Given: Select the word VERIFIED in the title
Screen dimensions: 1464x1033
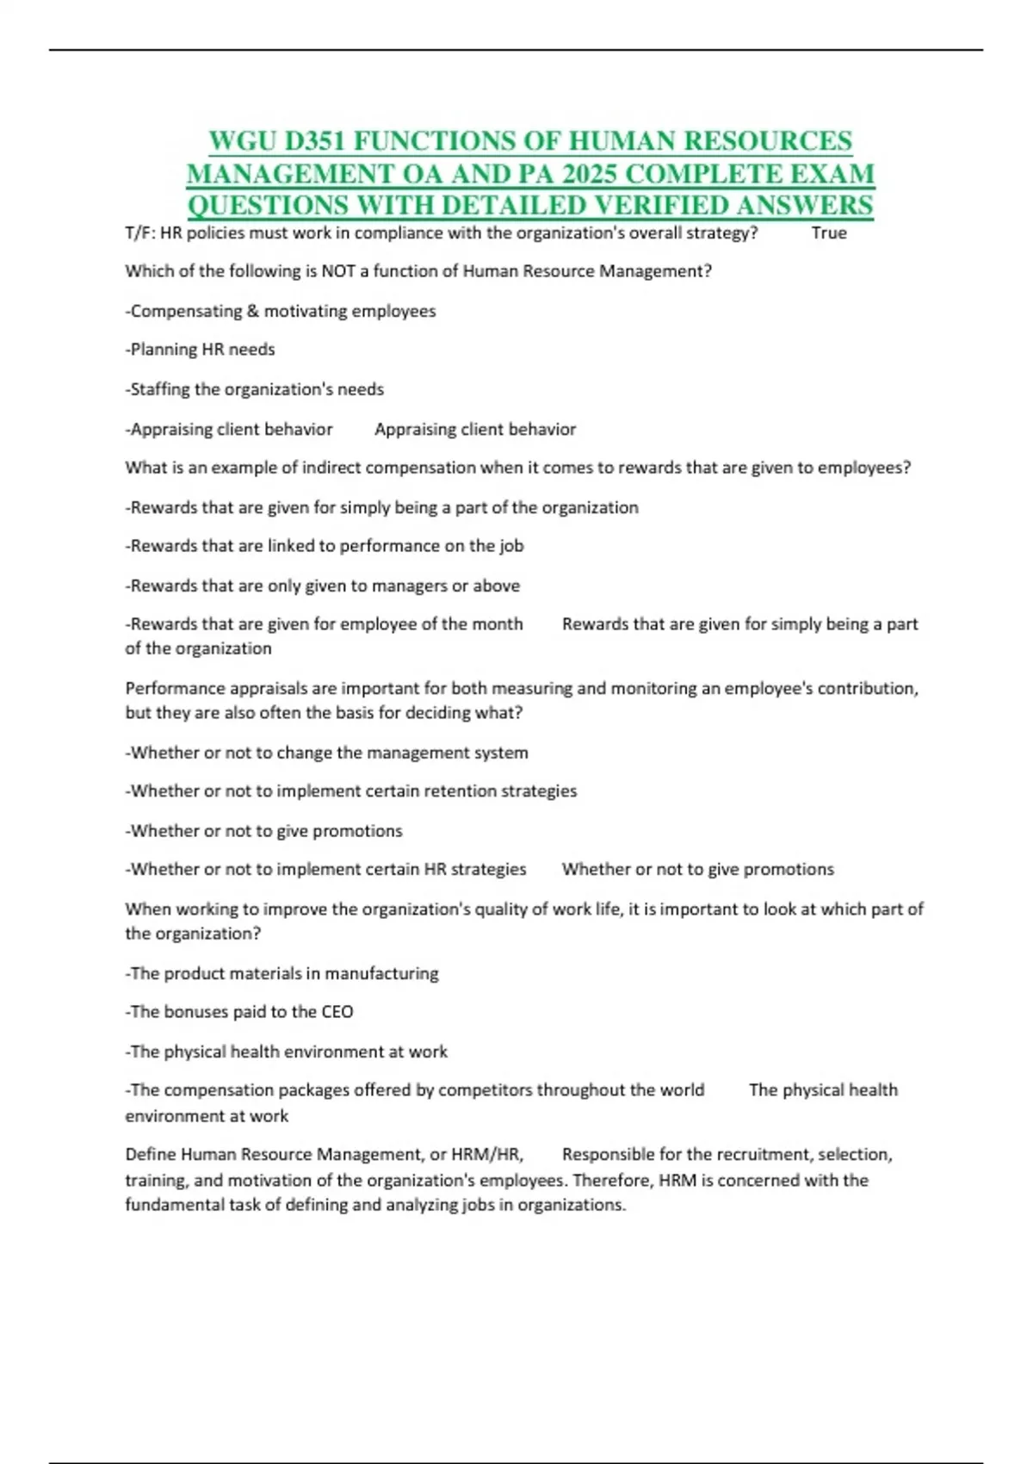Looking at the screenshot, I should (x=662, y=205).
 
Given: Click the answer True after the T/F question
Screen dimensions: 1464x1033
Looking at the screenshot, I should (x=829, y=233).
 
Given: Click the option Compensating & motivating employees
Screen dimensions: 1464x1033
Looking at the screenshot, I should (x=281, y=311).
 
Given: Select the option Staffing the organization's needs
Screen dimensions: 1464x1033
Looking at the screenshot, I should (x=255, y=389).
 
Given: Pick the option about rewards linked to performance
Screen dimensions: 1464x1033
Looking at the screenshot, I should (x=325, y=546).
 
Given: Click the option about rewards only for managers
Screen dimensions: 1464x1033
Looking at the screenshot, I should (x=323, y=586).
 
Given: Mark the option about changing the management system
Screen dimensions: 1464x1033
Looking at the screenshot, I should (x=327, y=753).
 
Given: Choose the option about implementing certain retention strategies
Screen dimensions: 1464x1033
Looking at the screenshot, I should (x=351, y=791).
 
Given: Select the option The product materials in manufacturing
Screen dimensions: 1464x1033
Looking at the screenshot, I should (x=282, y=973).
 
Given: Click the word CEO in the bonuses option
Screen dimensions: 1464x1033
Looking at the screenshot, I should (x=337, y=1012).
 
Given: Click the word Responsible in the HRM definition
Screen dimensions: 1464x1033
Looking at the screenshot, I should (x=608, y=1154).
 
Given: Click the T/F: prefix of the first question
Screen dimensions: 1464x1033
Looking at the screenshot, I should (x=140, y=233).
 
